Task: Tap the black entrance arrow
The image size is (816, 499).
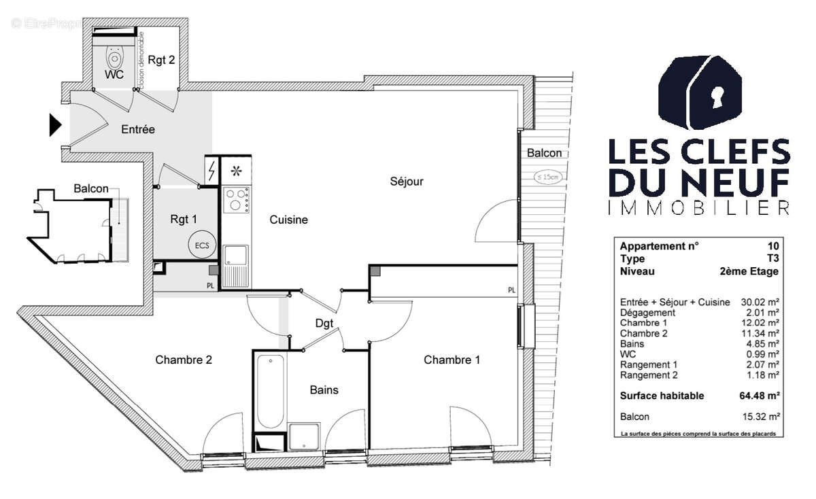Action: coord(55,125)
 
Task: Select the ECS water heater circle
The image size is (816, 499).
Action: coord(202,246)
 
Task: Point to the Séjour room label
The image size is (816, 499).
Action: coord(407,182)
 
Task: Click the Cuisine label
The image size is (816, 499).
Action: coord(288,220)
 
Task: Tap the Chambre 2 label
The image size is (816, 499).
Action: coord(184,360)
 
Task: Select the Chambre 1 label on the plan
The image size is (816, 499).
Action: coord(452,360)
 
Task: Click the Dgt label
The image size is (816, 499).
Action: coord(324,324)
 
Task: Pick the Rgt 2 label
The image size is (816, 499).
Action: coord(161,60)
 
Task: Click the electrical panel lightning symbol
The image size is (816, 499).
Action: coord(212,170)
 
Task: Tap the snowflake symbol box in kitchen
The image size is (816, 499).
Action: coord(236,170)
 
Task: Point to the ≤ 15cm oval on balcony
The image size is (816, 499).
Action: coord(548,177)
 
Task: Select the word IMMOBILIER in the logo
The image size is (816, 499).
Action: coord(698,208)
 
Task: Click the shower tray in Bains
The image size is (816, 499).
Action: coord(304,437)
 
